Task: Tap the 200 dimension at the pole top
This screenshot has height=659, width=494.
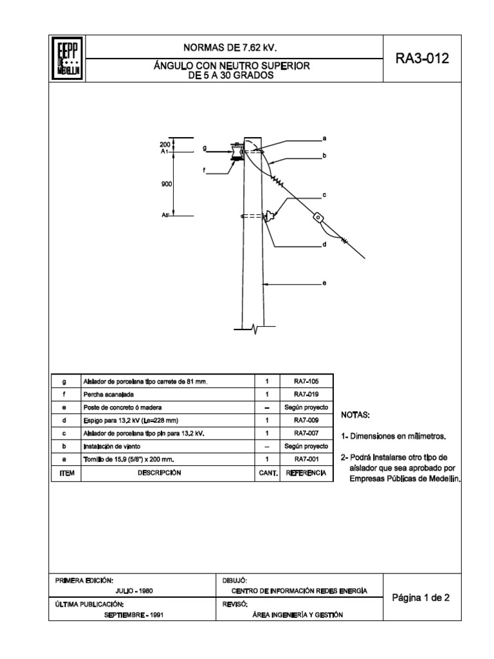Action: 165,144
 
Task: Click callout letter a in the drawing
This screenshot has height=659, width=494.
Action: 325,138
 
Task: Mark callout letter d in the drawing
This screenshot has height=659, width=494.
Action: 325,245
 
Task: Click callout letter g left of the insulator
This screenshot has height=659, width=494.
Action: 205,148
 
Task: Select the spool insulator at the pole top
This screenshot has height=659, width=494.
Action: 237,152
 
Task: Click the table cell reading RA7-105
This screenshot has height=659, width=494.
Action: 306,381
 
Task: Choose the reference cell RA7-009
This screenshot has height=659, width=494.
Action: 306,420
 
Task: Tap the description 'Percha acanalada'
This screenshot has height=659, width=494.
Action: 107,394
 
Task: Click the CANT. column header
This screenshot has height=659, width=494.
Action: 268,473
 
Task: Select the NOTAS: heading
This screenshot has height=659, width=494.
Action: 355,414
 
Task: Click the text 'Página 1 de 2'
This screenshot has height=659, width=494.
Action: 421,597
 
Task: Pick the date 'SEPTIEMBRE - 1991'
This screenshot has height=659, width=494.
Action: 134,614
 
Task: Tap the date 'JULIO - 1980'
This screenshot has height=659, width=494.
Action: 134,590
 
